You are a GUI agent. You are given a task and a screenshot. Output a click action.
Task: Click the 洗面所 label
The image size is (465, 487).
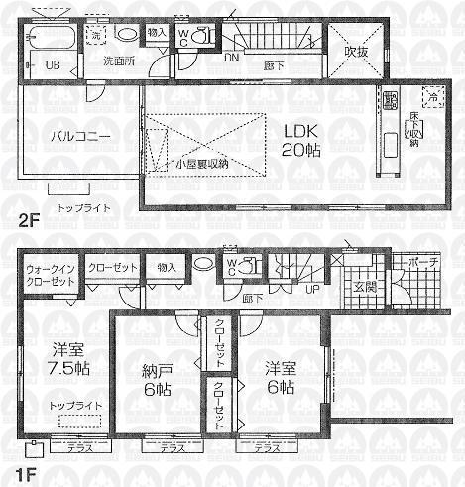(x=120, y=61)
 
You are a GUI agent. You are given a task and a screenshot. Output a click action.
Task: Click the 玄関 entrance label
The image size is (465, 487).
(x=353, y=288)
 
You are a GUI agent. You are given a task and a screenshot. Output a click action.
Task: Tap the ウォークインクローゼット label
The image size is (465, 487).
(x=50, y=275)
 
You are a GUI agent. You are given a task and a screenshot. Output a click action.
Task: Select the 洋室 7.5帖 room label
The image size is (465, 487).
(x=65, y=357)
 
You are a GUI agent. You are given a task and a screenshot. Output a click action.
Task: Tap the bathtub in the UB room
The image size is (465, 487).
(x=49, y=41)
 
